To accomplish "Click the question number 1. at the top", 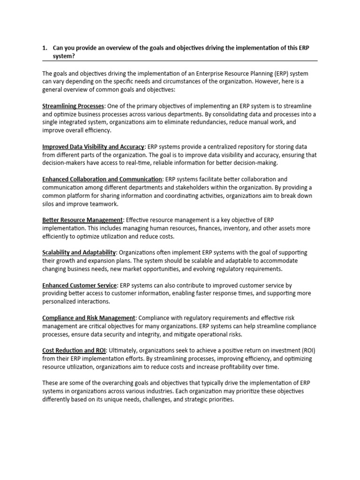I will coord(45,48).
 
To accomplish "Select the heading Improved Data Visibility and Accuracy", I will coord(93,147).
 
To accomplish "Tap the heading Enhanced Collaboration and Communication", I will coord(102,179).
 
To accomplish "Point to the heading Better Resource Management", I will coord(82,220).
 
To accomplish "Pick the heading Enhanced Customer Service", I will coord(79,285).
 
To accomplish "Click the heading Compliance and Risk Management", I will coord(89,318).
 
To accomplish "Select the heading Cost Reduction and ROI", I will coord(74,350).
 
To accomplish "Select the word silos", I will coord(49,204).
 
